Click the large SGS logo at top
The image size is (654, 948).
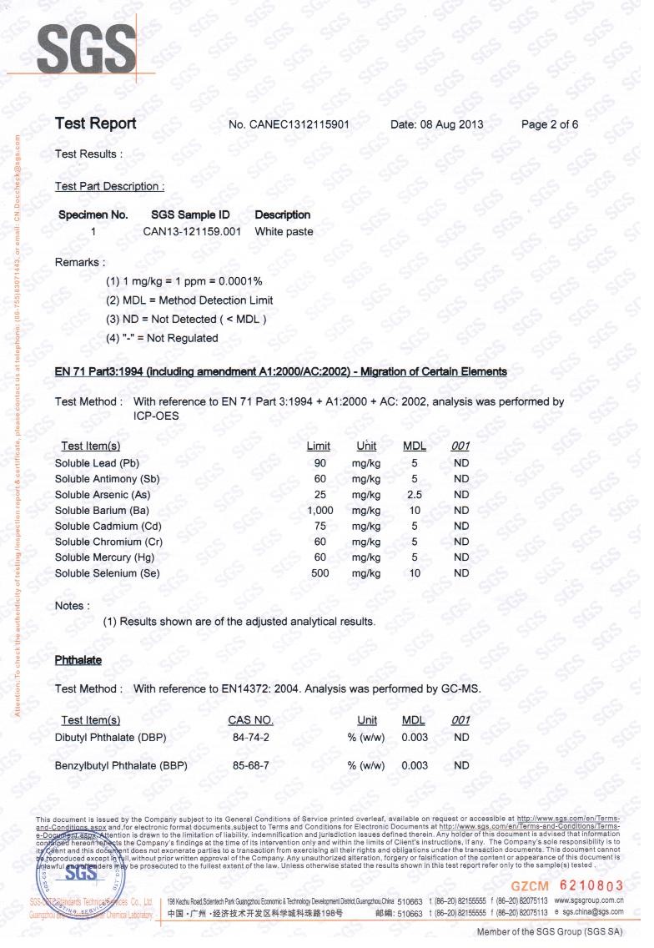tap(87, 47)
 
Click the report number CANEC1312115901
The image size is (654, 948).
tap(288, 125)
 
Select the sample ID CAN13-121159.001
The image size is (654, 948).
tap(192, 231)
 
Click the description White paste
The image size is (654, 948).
tap(284, 231)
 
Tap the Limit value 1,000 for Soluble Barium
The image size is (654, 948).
tap(320, 510)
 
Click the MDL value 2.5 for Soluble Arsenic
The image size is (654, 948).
tap(414, 494)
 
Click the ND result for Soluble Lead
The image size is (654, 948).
tap(461, 462)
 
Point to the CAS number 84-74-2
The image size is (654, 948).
tap(250, 738)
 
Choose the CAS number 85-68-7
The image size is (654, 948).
tap(250, 765)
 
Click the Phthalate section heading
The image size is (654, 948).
tap(78, 660)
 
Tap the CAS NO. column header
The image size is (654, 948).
tap(250, 720)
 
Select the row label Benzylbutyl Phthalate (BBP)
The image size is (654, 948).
tap(121, 765)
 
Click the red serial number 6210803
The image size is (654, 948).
tap(590, 884)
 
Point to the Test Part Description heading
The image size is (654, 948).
tap(109, 186)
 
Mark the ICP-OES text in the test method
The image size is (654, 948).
tap(156, 416)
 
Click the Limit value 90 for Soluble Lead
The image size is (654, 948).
tap(319, 462)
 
